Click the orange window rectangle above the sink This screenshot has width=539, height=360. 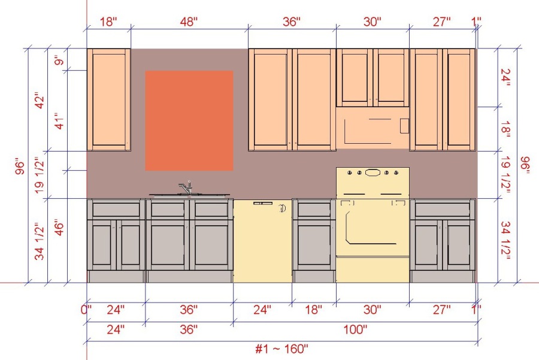[x=189, y=120]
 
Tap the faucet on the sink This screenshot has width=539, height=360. [x=186, y=187]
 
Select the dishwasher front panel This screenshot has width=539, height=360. [x=263, y=241]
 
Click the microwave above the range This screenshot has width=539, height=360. [x=373, y=128]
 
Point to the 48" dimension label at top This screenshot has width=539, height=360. [x=189, y=22]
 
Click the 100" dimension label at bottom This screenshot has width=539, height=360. [x=355, y=329]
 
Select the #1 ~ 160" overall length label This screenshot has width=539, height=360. [x=281, y=349]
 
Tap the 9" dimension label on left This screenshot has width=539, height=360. [x=59, y=62]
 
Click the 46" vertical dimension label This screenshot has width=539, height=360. [x=59, y=227]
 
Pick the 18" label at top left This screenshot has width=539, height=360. [x=108, y=22]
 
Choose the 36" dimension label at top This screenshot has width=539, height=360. [x=292, y=22]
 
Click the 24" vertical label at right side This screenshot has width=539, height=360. [x=505, y=77]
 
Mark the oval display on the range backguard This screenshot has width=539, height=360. [x=373, y=173]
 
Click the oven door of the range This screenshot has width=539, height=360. [x=373, y=228]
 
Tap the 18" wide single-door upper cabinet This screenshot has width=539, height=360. [x=108, y=99]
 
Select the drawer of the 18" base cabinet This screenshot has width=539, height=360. [x=314, y=210]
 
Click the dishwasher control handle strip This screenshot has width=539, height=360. [x=263, y=203]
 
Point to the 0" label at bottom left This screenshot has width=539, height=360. [x=86, y=310]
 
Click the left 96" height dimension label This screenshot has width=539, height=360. [x=20, y=166]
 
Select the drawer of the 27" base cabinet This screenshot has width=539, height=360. [x=443, y=210]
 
